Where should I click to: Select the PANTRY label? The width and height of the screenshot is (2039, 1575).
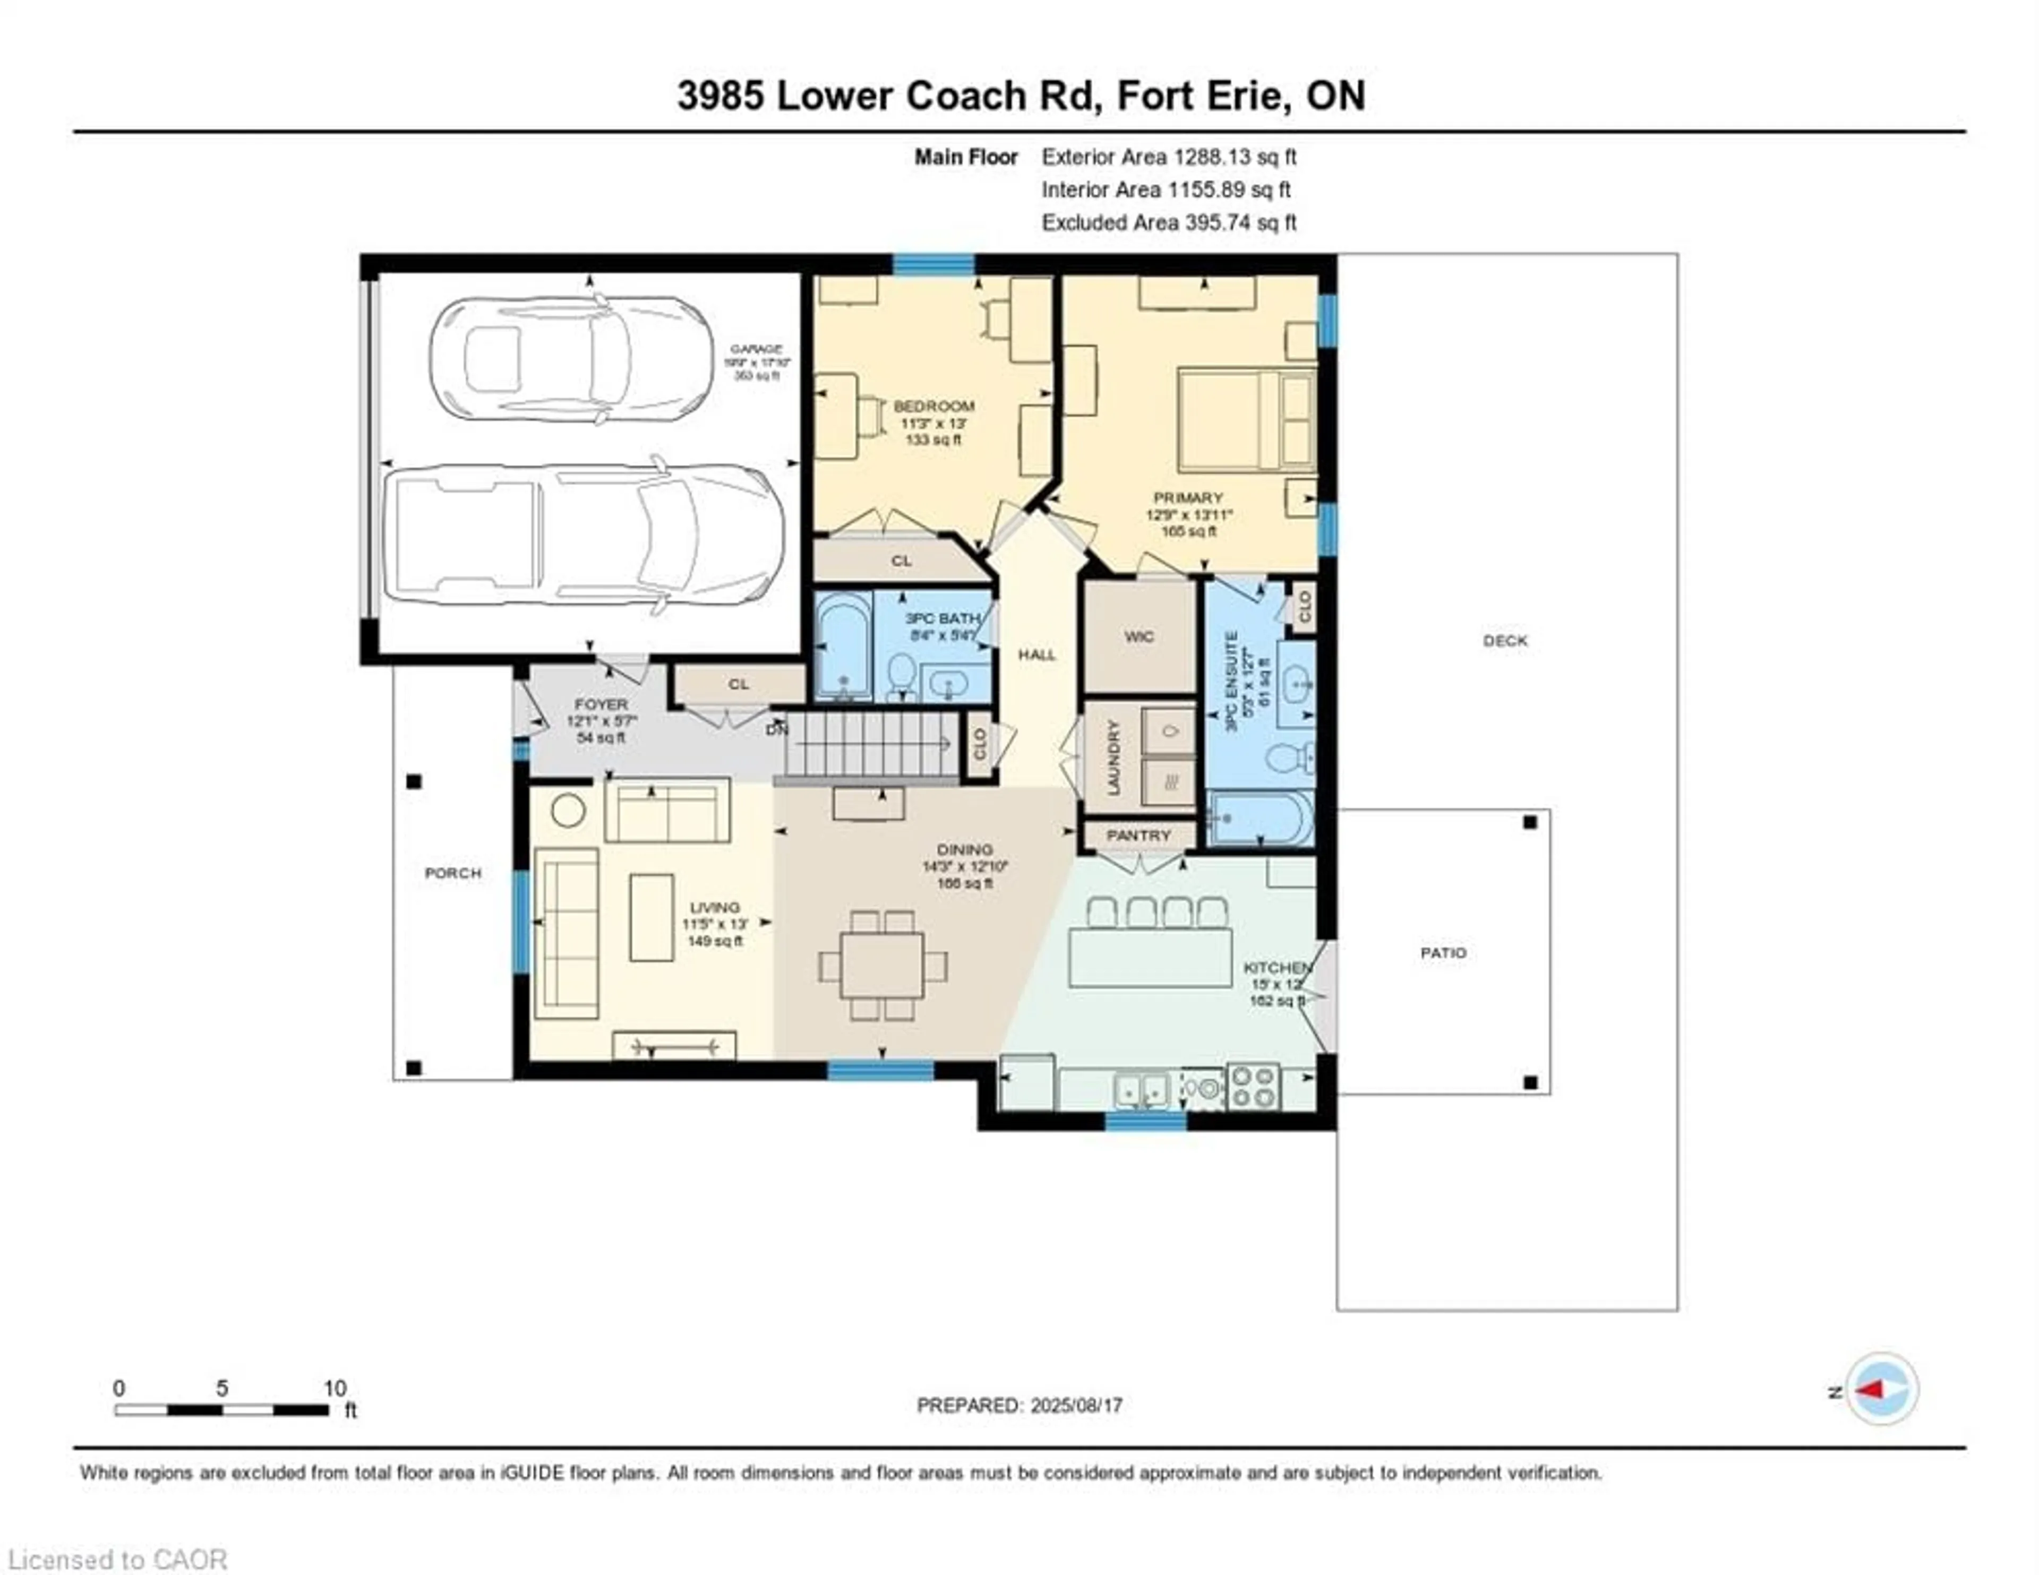pyautogui.click(x=1138, y=836)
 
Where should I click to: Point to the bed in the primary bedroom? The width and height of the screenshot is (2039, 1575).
pyautogui.click(x=1246, y=419)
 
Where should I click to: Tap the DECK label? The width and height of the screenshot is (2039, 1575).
pyautogui.click(x=1505, y=640)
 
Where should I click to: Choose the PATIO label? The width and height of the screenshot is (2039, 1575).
pyautogui.click(x=1443, y=953)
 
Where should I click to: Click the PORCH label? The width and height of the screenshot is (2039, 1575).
pyautogui.click(x=453, y=873)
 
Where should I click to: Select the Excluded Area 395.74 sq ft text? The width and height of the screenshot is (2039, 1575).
pyautogui.click(x=1169, y=222)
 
